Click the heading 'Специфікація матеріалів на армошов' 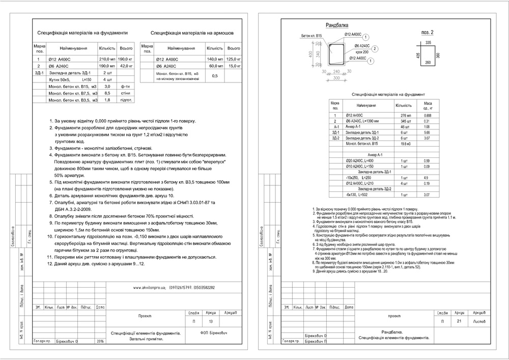(x=192, y=32)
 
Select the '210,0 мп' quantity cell (x=107, y=59)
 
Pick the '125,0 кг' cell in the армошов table (x=234, y=59)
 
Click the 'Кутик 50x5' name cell (x=62, y=80)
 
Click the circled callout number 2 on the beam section (x=374, y=48)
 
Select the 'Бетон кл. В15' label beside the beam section (x=312, y=36)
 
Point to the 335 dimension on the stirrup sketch (x=428, y=43)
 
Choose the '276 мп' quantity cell (x=406, y=116)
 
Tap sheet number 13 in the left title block (x=211, y=322)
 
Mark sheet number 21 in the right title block (x=459, y=322)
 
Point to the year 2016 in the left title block (x=99, y=341)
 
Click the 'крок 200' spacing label (x=362, y=52)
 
